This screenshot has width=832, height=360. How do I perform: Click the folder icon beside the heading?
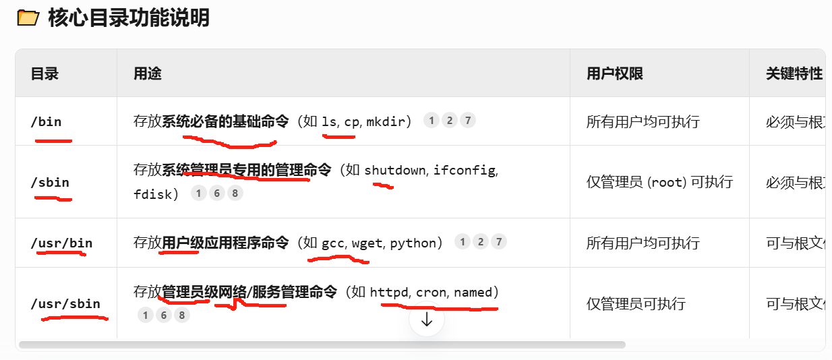[x=28, y=18]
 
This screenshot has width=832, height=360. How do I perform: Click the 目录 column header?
[x=45, y=73]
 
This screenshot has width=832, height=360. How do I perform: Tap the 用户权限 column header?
[x=614, y=73]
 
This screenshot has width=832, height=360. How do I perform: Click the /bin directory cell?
[x=46, y=121]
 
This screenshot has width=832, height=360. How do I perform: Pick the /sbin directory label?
[x=50, y=182]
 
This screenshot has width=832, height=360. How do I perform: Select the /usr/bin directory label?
[x=61, y=243]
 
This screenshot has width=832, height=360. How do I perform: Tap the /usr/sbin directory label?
[x=65, y=303]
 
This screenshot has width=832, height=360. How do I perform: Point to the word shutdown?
[x=395, y=170]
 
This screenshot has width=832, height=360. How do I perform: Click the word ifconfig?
[x=465, y=170]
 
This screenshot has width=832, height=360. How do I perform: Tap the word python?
[x=413, y=243]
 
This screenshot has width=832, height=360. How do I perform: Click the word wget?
[x=367, y=243]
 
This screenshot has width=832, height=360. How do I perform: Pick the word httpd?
[x=389, y=292]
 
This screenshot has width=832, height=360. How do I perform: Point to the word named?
[x=473, y=292]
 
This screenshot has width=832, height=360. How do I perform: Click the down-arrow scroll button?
[x=426, y=320]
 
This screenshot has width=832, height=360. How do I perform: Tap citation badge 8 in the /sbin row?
[x=234, y=193]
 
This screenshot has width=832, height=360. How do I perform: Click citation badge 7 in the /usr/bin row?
[x=498, y=242]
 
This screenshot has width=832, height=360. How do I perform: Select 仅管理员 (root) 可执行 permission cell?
[x=659, y=182]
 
